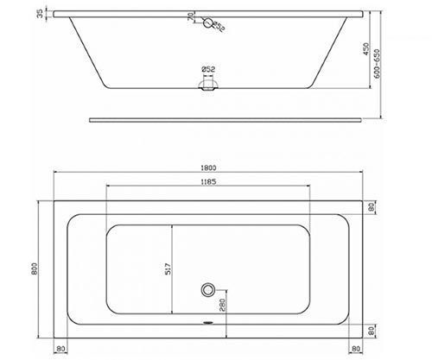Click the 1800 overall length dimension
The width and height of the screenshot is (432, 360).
click(209, 167)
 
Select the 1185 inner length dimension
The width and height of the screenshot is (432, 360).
click(209, 182)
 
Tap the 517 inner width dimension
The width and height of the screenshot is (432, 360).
click(168, 268)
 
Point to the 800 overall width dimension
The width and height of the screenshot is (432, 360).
click(35, 268)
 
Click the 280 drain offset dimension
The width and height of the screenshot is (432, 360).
click(223, 305)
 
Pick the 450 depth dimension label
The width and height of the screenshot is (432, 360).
click(366, 49)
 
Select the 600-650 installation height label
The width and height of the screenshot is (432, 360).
click(377, 64)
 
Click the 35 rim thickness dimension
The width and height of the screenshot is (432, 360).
click(40, 14)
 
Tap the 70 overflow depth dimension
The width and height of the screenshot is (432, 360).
click(190, 16)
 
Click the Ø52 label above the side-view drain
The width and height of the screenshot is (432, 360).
click(208, 69)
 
